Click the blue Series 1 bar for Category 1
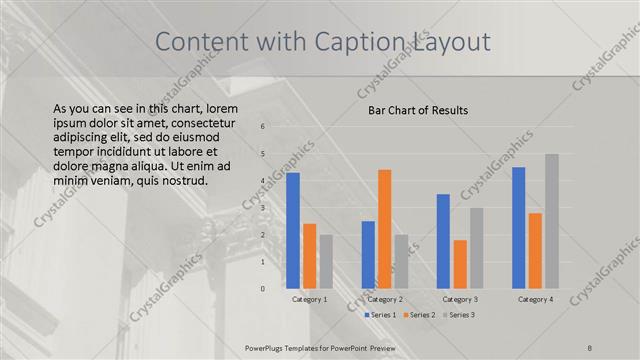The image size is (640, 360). coord(293,231)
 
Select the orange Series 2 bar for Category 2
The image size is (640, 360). coord(384,229)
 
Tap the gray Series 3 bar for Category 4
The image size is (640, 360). coord(551,221)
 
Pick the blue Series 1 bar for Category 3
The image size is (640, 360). coord(443,241)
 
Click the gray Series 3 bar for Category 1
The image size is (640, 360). coord(326,262)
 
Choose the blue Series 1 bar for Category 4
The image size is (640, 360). coord(518,228)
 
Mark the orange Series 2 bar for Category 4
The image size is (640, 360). coord(535,251)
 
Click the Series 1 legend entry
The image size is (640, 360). coord(381,315)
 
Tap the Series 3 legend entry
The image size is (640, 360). coord(459,315)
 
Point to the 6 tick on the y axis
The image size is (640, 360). coord(262,127)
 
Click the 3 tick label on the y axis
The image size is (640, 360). coord(262,208)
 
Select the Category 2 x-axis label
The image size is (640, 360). coord(385,299)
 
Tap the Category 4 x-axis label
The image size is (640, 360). coord(535,299)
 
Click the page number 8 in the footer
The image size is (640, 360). coord(590,347)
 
